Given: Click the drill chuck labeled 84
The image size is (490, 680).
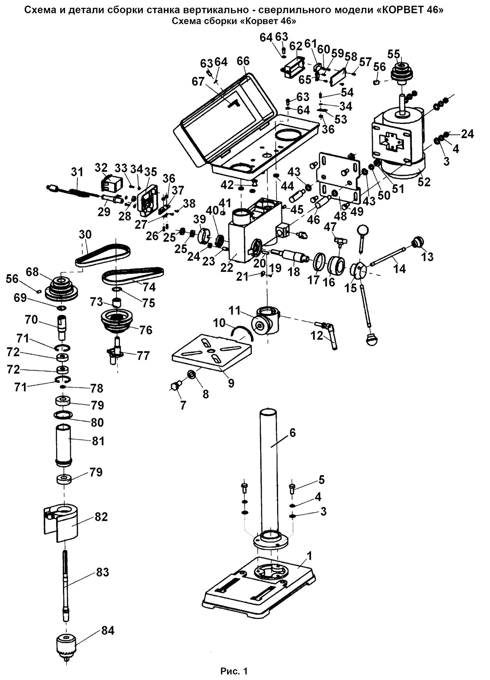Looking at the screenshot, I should [66, 642].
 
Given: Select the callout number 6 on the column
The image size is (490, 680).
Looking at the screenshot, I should [292, 433].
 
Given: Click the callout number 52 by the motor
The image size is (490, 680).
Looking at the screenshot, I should [424, 182].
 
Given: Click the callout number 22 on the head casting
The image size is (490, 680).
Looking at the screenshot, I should [227, 267].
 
